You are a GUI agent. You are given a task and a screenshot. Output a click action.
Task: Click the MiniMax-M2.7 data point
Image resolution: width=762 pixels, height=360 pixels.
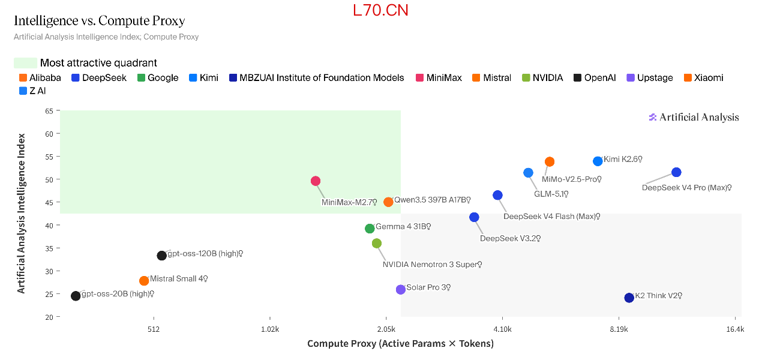(316, 181)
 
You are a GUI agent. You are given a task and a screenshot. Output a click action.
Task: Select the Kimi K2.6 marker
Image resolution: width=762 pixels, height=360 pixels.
(598, 161)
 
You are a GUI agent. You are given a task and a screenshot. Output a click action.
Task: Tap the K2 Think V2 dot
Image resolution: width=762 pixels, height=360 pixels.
(629, 298)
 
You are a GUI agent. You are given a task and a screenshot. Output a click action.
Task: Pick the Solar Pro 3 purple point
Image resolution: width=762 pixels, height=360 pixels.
(401, 290)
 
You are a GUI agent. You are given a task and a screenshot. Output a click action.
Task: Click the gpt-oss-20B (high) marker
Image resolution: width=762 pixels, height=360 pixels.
(76, 296)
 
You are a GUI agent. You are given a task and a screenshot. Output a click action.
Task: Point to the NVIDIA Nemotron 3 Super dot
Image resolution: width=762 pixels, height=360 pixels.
(377, 244)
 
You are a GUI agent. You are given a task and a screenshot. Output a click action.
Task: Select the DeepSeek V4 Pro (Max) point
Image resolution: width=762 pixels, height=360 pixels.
(676, 172)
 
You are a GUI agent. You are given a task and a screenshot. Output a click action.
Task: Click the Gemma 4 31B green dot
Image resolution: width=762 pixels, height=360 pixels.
(370, 229)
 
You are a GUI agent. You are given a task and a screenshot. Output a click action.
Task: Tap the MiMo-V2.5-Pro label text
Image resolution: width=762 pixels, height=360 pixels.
(571, 179)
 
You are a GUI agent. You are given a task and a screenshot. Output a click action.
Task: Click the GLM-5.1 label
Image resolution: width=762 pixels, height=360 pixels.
(551, 194)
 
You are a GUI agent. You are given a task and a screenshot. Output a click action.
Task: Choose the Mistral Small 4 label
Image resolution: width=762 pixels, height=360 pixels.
(179, 279)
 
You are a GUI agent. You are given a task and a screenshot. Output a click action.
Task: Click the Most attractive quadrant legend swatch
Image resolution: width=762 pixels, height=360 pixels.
(26, 63)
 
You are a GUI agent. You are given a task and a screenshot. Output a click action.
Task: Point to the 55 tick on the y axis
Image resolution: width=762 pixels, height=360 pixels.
(49, 157)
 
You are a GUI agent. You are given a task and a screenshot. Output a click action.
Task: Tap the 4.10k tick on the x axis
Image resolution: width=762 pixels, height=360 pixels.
(502, 329)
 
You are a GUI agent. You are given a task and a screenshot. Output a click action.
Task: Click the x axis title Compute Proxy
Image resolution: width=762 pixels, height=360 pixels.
(400, 343)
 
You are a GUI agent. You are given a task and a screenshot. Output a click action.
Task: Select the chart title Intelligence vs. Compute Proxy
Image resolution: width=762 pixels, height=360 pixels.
(99, 21)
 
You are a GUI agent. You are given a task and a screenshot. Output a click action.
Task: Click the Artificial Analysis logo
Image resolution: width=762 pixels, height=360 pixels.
(694, 117)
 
